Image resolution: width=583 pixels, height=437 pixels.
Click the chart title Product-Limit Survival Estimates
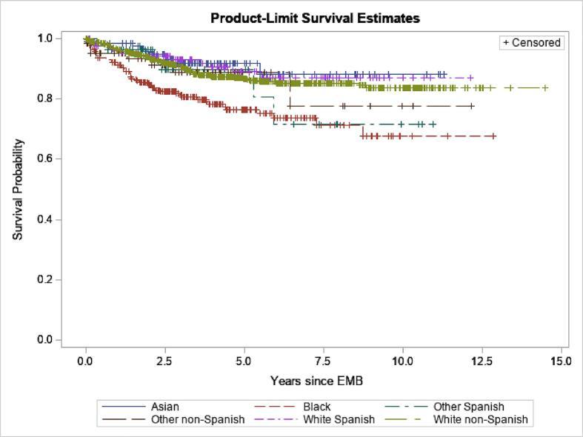315,18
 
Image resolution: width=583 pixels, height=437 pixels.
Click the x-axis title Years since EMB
316,381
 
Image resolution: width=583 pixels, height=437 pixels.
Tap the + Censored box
531,43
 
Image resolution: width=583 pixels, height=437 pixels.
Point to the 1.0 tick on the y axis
44,38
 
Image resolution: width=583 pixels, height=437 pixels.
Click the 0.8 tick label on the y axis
44,99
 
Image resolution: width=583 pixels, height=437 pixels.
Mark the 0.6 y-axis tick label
44,159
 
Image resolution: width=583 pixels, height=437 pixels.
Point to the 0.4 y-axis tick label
44,220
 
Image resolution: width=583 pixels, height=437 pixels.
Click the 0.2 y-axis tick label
44,280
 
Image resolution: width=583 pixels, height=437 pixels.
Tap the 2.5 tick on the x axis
164,361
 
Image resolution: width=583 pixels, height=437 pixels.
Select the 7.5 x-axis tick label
323,361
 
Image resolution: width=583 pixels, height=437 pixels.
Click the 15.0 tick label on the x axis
560,361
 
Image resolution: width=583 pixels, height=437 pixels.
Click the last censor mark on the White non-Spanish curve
545,88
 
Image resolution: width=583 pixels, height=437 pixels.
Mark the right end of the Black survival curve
495,136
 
